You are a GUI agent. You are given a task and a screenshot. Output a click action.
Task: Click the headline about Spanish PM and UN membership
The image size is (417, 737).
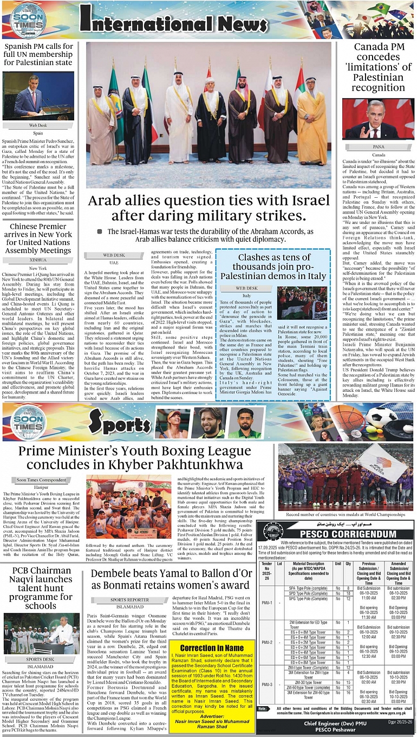coord(38,54)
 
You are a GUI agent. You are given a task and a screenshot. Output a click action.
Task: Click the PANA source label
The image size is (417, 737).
coord(379,146)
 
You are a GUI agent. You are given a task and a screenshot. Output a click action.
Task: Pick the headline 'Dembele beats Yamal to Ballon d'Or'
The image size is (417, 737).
coord(171,580)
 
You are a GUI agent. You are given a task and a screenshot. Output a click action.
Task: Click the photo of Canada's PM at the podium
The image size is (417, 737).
coord(378,119)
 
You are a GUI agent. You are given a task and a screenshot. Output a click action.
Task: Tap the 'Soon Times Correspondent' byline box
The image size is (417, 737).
coord(42,480)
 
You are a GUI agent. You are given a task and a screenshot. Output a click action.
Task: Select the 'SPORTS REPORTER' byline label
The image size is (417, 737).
coord(130,600)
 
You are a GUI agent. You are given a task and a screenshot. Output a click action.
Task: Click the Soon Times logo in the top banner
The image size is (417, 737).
coord(28,20)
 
